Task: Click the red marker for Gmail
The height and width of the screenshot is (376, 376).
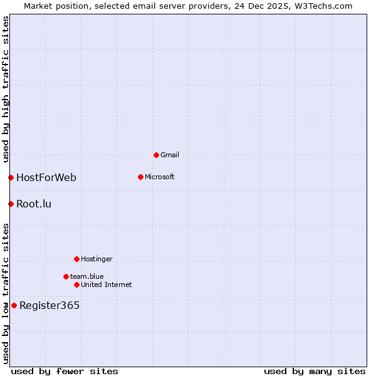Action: [x=156, y=155]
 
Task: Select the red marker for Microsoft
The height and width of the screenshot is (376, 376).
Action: [x=140, y=177]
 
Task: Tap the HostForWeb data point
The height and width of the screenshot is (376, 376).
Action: [x=11, y=177]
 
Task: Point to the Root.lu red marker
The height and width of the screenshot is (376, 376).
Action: [x=11, y=204]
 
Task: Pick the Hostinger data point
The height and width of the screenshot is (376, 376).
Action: [x=76, y=259]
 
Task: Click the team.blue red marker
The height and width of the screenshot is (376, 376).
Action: [x=66, y=276]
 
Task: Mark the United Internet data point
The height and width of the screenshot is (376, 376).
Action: [x=76, y=285]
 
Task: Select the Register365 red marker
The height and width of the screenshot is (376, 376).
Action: [x=14, y=305]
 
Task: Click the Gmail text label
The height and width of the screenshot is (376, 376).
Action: [x=169, y=155]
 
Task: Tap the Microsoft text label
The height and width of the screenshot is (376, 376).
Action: [x=159, y=177]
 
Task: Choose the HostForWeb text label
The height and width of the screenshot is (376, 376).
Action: [x=46, y=177]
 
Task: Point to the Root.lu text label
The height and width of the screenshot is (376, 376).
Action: [x=34, y=204]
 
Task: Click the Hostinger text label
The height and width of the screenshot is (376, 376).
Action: [x=97, y=259]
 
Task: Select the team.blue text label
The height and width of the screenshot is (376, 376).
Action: [x=86, y=276]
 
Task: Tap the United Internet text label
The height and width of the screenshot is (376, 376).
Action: [x=106, y=285]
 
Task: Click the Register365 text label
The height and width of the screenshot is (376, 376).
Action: [x=50, y=305]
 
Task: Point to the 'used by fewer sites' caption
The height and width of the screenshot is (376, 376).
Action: [x=65, y=371]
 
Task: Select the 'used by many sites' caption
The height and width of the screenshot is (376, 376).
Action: [x=315, y=371]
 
